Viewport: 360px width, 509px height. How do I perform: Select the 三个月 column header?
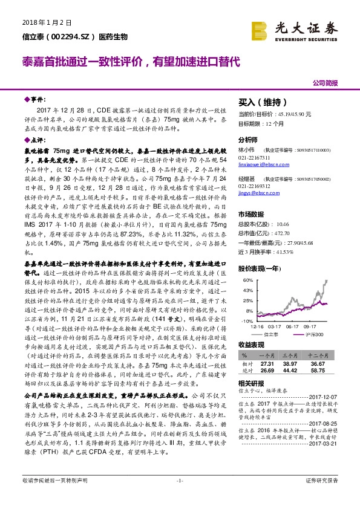pos(292,356)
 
